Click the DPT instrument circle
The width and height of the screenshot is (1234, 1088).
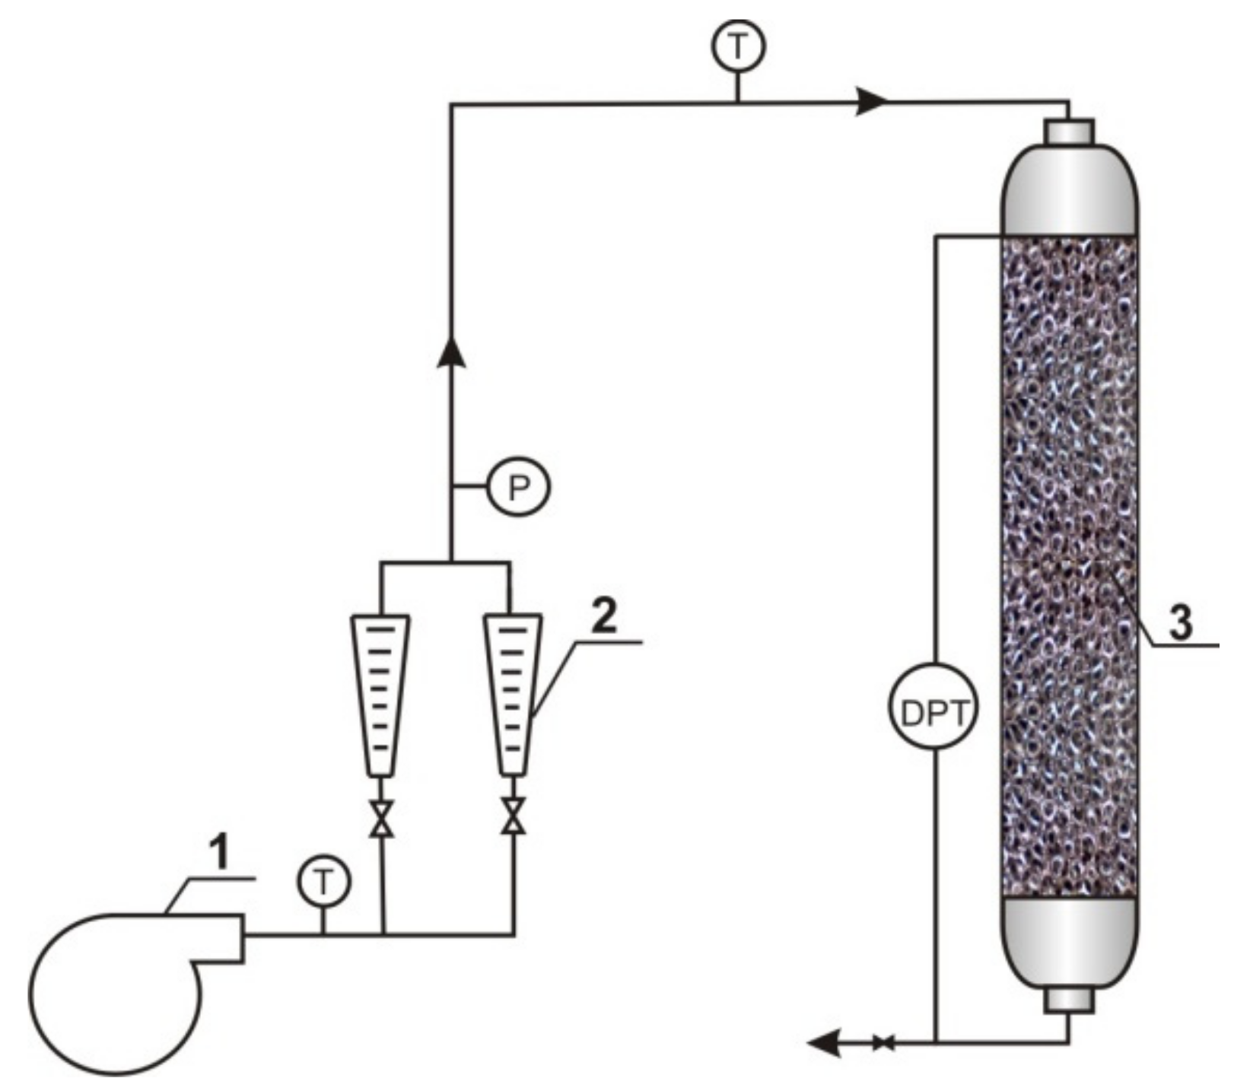click(x=934, y=713)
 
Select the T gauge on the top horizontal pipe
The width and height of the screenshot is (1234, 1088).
click(x=737, y=47)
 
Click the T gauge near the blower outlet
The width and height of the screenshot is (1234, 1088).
click(x=324, y=883)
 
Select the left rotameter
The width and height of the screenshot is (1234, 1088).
click(x=380, y=694)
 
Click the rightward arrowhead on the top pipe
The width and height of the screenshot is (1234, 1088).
click(x=871, y=101)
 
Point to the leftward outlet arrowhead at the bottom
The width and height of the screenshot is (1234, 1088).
click(x=824, y=1043)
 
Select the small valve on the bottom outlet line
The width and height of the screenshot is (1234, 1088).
click(x=883, y=1043)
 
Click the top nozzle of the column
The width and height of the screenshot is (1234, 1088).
click(x=1070, y=132)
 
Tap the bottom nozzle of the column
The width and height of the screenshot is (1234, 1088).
click(x=1069, y=1000)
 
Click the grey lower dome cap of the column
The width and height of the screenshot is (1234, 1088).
click(x=1070, y=940)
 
